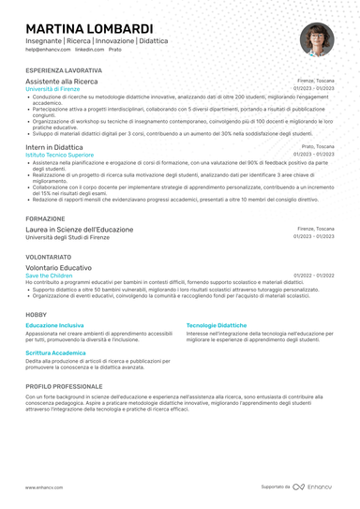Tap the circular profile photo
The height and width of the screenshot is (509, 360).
click(x=317, y=39)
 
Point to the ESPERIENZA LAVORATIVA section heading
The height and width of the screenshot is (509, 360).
click(x=65, y=71)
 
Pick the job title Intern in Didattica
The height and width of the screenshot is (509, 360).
click(x=54, y=148)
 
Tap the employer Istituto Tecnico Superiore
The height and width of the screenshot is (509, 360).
click(x=60, y=156)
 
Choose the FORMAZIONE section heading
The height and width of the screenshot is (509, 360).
click(x=46, y=218)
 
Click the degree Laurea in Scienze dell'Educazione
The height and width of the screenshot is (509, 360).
click(x=80, y=230)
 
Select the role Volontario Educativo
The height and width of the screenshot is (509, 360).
click(x=59, y=268)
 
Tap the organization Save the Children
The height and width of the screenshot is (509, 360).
click(x=49, y=276)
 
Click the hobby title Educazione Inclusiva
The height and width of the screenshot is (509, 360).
click(x=54, y=324)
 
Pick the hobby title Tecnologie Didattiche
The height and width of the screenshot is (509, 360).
click(x=217, y=324)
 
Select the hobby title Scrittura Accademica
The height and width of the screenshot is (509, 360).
click(x=55, y=352)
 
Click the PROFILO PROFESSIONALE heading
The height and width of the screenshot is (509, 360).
click(x=65, y=386)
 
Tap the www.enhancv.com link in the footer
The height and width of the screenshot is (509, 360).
click(x=43, y=487)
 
